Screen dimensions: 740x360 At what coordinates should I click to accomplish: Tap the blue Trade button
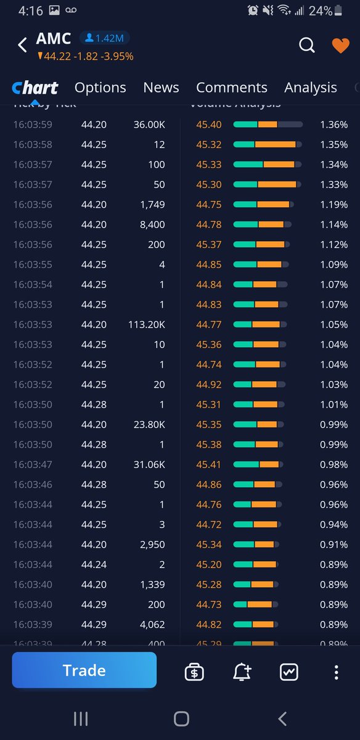pos(84,670)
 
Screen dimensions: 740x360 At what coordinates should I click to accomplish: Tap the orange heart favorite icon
pos(340,46)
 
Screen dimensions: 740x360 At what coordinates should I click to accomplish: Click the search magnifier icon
pos(306,45)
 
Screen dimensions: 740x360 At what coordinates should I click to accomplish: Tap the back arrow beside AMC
pos(22,45)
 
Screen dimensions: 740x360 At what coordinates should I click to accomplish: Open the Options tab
pos(100,88)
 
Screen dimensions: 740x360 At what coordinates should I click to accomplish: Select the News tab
pos(161,88)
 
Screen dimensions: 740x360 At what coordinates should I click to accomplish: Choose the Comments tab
pos(231,88)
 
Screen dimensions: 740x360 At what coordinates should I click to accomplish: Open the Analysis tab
pos(310,88)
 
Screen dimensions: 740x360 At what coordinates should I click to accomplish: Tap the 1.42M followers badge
pos(104,38)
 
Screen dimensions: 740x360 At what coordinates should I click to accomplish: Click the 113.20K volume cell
pos(149,324)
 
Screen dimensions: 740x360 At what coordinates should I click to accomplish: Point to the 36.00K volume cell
pos(149,125)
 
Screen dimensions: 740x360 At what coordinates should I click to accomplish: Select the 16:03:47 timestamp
pos(33,464)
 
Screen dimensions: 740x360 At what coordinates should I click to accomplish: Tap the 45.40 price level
pos(209,125)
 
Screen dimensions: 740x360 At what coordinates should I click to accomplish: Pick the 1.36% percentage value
pos(333,125)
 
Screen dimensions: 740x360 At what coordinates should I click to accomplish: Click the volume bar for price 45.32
pos(267,145)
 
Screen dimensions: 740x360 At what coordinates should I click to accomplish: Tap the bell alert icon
pos(242,672)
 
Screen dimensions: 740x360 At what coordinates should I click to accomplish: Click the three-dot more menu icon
pos(336,672)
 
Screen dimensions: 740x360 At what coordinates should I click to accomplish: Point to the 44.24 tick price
pos(94,564)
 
